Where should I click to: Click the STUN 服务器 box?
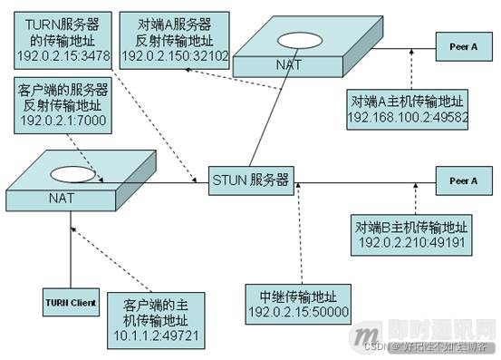[250, 180]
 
